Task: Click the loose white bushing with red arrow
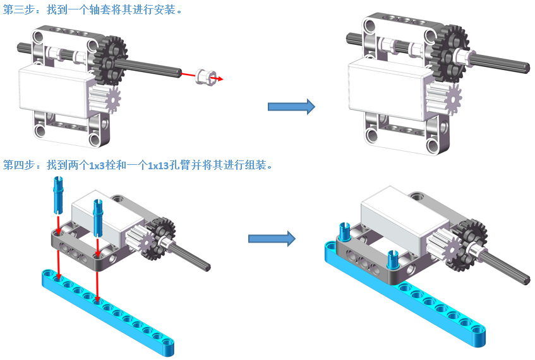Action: pos(205,76)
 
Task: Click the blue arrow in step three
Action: pos(291,107)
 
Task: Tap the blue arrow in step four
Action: pos(272,239)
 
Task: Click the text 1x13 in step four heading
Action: pos(159,166)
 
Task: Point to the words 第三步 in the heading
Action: pos(19,9)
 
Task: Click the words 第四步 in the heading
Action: pos(19,165)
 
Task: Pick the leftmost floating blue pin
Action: pos(58,195)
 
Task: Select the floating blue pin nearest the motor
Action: pos(98,218)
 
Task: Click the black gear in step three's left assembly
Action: pos(110,61)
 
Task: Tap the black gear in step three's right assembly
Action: pos(448,54)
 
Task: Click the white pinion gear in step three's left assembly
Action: pos(105,99)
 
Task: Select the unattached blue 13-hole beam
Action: pos(108,312)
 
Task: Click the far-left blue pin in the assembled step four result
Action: pos(344,232)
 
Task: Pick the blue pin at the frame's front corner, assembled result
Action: pos(393,260)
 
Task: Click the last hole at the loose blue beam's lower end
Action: pos(167,342)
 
